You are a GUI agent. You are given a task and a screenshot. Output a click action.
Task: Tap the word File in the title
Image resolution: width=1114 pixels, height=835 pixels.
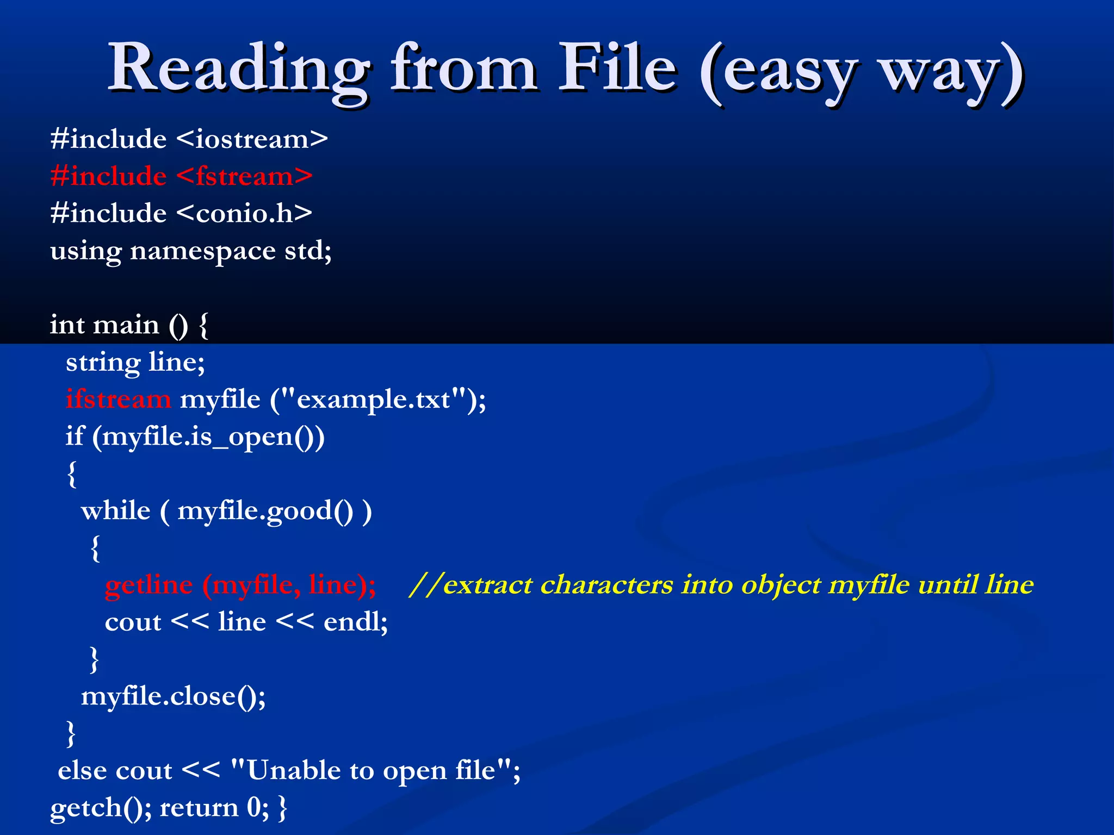coord(617,68)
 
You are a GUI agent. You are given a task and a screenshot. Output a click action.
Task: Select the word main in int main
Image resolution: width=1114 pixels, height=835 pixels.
coord(126,325)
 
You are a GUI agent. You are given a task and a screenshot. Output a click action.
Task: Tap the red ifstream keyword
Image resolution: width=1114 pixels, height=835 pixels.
coord(119,400)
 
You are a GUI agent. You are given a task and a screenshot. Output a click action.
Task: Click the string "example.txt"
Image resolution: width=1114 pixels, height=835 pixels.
coord(373,400)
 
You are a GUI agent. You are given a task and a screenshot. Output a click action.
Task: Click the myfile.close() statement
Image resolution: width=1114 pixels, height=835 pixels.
coord(173,696)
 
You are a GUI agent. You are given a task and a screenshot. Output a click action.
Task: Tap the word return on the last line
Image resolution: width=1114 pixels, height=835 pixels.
coord(199,808)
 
